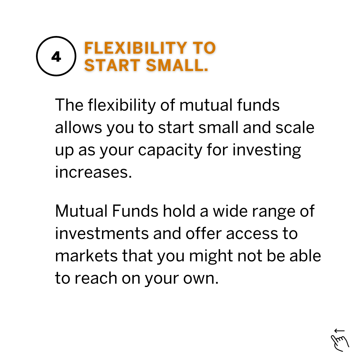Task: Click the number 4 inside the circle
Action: click(56, 56)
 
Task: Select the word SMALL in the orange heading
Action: click(177, 65)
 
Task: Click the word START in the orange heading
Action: click(112, 65)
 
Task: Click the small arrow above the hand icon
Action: click(340, 331)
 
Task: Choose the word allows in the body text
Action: click(79, 127)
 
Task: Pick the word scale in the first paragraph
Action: click(295, 127)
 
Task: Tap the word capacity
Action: click(170, 150)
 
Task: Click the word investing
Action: click(267, 150)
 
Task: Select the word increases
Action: click(93, 172)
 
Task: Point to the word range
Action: click(274, 212)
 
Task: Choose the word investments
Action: click(102, 233)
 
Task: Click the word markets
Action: click(86, 256)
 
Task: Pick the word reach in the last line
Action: click(96, 278)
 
